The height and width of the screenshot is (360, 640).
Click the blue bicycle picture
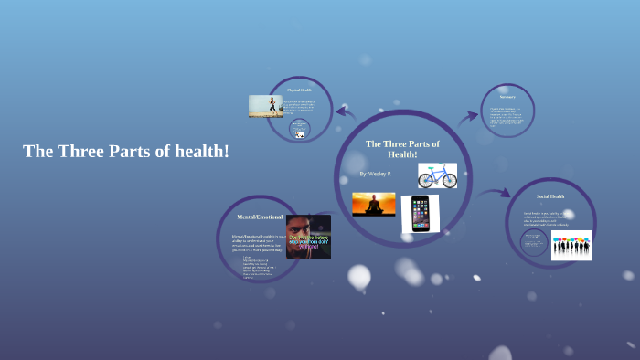click(437, 175)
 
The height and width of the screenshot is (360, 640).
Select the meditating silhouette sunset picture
click(374, 204)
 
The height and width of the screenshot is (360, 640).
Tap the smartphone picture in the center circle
click(420, 214)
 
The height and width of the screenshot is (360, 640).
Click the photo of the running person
click(265, 106)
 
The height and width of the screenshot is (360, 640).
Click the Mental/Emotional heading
click(259, 217)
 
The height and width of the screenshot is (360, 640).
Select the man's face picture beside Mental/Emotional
click(308, 237)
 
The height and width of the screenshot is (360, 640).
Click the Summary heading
click(507, 95)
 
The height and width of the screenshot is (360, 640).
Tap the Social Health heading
click(550, 196)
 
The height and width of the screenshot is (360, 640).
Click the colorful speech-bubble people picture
click(571, 245)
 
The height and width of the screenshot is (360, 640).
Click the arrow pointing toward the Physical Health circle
click(346, 112)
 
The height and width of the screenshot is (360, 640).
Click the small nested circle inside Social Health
click(533, 241)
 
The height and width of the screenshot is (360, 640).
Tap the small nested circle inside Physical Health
click(300, 129)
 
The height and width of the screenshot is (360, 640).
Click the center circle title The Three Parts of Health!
click(402, 149)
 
